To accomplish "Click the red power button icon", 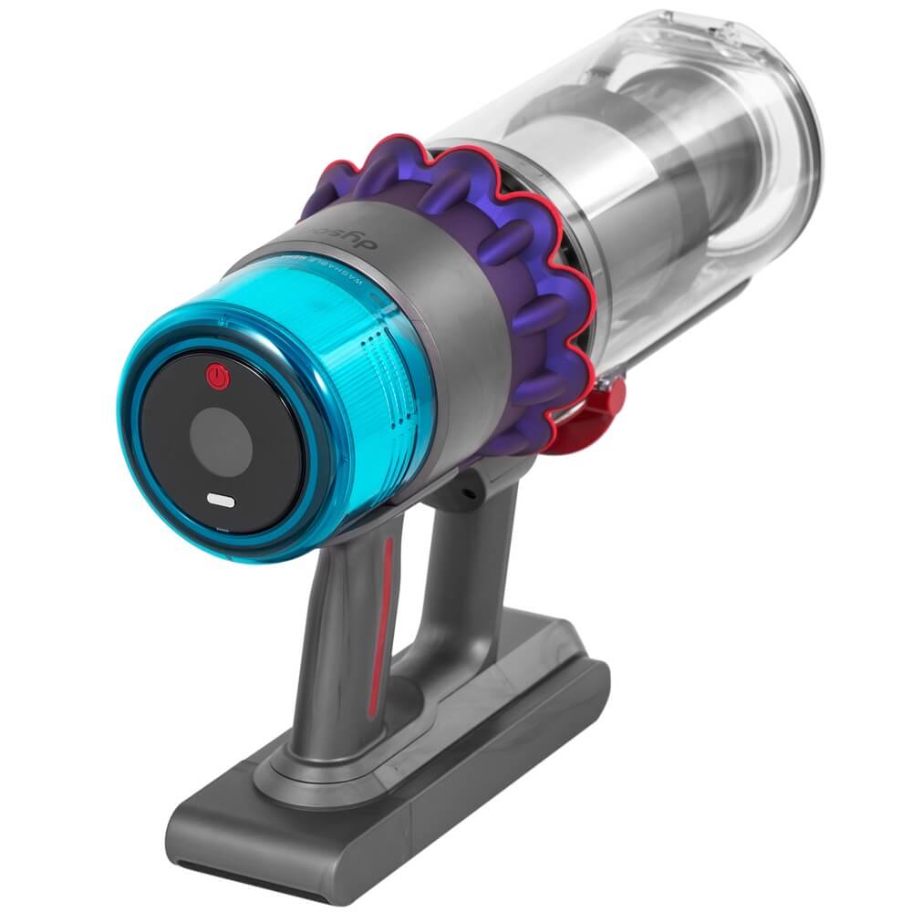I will (216, 375).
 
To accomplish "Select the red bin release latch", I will (593, 410).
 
